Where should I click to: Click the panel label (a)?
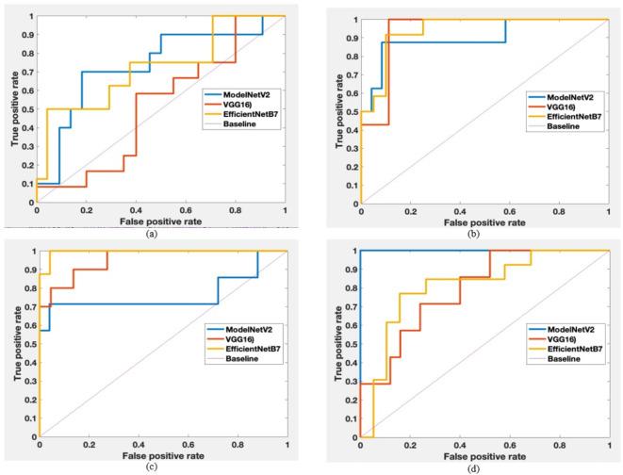point(151,234)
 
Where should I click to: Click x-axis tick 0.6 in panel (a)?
point(186,210)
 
